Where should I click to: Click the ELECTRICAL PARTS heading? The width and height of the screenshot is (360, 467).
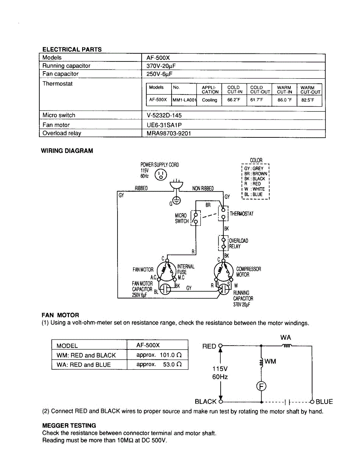72,49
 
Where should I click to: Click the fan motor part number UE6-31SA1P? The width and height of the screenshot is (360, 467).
162,125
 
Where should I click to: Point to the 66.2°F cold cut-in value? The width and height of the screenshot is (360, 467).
234,100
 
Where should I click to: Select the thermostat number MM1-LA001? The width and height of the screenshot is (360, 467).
184,100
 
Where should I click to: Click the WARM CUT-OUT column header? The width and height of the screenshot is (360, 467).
310,90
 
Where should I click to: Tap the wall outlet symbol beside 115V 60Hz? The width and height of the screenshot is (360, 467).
161,175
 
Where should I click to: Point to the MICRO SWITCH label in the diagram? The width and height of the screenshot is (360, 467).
182,218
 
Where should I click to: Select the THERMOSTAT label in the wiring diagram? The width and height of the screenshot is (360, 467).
242,214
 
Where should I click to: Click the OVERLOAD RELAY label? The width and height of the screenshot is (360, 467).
238,244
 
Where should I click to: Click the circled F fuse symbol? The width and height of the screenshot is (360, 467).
261,386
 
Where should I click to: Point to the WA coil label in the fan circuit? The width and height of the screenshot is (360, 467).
285,337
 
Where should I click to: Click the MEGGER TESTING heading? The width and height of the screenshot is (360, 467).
69,425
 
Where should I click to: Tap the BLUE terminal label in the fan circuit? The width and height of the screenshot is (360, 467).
324,402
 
